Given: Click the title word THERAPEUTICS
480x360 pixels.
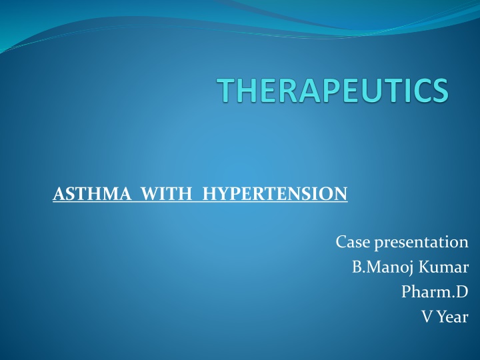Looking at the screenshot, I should click(333, 91).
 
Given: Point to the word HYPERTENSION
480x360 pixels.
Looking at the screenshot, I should click(275, 195).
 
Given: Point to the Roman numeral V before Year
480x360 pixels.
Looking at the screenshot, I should click(427, 317).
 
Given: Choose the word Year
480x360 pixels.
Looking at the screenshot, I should click(453, 317).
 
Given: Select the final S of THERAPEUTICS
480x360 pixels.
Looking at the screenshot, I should click(437, 91).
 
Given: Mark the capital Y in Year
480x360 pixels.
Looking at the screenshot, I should click(441, 317).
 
